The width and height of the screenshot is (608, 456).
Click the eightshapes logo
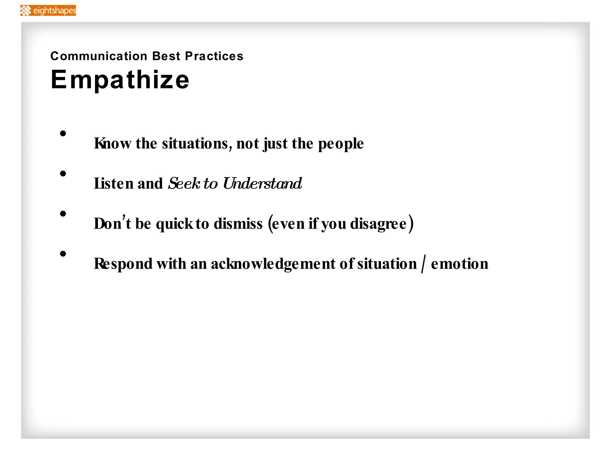[x=48, y=11]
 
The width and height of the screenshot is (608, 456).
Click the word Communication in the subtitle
[x=99, y=56]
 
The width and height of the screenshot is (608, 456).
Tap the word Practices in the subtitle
[x=214, y=56]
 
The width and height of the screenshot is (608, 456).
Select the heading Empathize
[x=120, y=80]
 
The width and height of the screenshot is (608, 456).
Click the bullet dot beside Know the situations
[x=63, y=134]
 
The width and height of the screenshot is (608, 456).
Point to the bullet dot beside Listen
[x=63, y=174]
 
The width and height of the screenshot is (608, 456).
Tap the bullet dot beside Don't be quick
[x=63, y=214]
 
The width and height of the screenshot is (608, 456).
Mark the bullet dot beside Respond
[x=63, y=254]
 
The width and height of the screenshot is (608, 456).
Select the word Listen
[x=113, y=183]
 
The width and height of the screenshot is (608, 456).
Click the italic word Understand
[x=262, y=183]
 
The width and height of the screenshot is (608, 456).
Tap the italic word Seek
[x=184, y=183]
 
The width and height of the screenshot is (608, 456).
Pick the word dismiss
[x=238, y=224]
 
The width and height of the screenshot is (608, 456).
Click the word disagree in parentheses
[x=378, y=224]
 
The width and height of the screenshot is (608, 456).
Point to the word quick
[x=175, y=224]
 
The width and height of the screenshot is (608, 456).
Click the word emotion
[x=460, y=264]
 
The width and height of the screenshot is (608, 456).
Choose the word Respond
[x=123, y=264]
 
